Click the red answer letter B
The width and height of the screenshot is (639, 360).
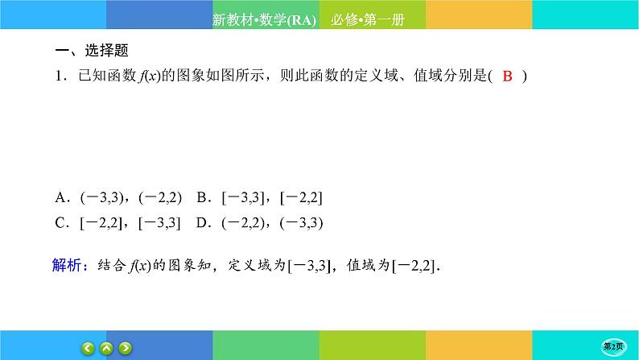pyautogui.click(x=507, y=77)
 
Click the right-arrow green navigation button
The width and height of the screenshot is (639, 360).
pyautogui.click(x=126, y=348)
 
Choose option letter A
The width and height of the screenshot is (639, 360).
pyautogui.click(x=61, y=197)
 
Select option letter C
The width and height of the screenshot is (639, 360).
pyautogui.click(x=61, y=223)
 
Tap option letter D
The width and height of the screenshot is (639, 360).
pyautogui.click(x=203, y=223)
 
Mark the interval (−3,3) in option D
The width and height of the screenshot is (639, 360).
pyautogui.click(x=302, y=223)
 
